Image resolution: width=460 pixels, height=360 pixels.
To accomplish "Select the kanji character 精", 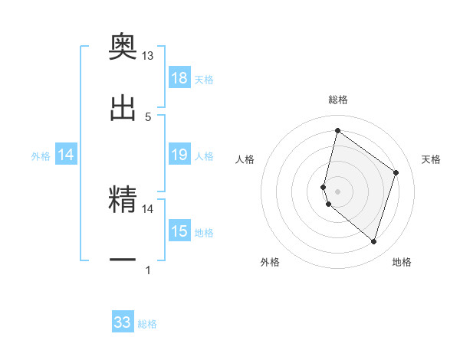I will click(x=123, y=200).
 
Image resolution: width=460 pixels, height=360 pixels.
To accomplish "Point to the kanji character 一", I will click(x=123, y=260).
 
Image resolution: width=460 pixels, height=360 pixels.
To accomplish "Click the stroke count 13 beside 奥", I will click(x=148, y=56).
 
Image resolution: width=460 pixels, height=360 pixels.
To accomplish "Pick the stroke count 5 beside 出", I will click(x=148, y=116).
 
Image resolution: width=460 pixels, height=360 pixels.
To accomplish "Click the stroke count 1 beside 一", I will click(x=148, y=270).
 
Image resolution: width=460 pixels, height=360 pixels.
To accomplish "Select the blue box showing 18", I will click(x=179, y=78).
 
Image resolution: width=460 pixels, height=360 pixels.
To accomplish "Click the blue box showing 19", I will click(x=179, y=155).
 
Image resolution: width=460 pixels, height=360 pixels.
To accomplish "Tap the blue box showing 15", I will click(x=179, y=231).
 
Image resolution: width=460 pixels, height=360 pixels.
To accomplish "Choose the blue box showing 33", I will click(x=123, y=322).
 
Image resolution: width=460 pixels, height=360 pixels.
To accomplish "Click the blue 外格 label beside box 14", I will click(x=41, y=155).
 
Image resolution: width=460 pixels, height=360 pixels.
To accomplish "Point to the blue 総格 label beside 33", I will click(x=147, y=324).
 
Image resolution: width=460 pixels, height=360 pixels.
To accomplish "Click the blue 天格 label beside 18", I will click(x=204, y=79).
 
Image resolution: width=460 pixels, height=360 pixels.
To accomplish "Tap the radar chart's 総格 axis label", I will click(x=338, y=100).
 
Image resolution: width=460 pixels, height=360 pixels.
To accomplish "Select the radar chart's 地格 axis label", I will click(x=402, y=262).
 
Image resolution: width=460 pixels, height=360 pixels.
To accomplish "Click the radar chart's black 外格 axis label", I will click(x=270, y=262).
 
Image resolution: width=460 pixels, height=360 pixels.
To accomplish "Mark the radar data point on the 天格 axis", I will click(x=396, y=172).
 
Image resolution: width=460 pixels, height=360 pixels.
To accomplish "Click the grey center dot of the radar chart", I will click(x=337, y=191).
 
